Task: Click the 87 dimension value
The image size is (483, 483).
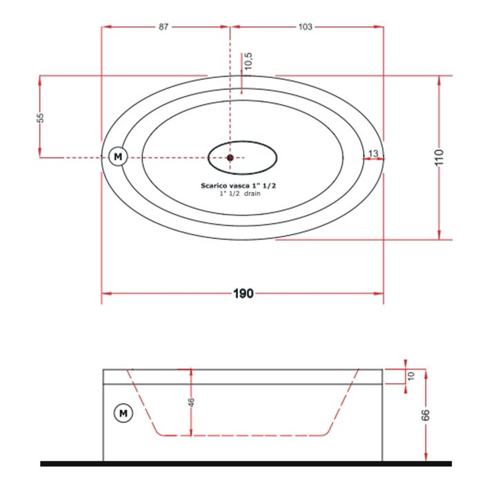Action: (x=164, y=27)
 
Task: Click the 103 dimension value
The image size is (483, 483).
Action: (x=305, y=27)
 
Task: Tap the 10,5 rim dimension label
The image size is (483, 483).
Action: (x=248, y=61)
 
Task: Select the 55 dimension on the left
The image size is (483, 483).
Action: (x=40, y=118)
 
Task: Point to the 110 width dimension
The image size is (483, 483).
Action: (x=439, y=157)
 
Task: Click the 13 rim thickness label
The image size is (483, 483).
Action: (x=373, y=153)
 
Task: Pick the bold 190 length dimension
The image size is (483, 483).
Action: (x=244, y=293)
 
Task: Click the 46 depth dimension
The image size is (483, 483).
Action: (x=191, y=402)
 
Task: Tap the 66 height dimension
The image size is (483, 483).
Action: (x=425, y=415)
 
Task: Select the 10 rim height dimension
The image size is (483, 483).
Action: (x=411, y=376)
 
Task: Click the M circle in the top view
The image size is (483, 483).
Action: (x=118, y=157)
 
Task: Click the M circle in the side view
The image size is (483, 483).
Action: (x=124, y=413)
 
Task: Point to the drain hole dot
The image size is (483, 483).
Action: (x=230, y=158)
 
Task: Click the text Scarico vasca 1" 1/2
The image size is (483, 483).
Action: (x=239, y=186)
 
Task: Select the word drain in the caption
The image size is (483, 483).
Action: (x=253, y=193)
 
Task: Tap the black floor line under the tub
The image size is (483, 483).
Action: (x=246, y=464)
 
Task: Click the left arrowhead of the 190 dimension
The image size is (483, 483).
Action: (x=106, y=293)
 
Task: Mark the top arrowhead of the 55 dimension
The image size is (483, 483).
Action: (x=40, y=81)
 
